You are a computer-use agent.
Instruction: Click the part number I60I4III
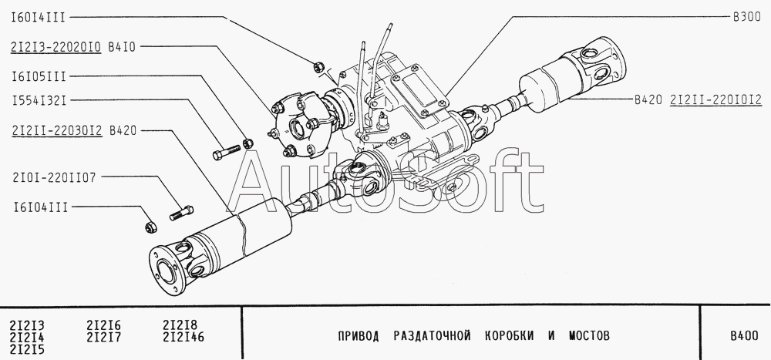coord(39,19)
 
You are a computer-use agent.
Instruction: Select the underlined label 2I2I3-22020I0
coord(56,47)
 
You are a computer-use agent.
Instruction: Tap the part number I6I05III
coord(39,77)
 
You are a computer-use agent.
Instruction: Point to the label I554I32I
coord(39,101)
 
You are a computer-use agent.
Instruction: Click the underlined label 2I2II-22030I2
coord(56,131)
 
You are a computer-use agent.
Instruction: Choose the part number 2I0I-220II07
coord(54,177)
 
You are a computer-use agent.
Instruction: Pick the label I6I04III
coord(40,207)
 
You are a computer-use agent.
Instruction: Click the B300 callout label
coord(747,17)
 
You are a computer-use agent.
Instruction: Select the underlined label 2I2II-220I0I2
coord(716,100)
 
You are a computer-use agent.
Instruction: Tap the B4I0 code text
coord(121,47)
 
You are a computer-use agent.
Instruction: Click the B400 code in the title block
coord(744,337)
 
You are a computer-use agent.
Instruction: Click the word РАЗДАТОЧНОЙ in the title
coord(432,336)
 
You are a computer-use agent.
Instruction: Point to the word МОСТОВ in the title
coord(589,336)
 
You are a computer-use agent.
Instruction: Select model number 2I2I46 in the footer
coord(183,338)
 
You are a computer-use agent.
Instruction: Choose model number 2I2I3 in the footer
coord(26,325)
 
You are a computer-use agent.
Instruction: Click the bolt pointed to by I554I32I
coord(227,152)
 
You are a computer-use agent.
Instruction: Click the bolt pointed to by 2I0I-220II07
coord(181,213)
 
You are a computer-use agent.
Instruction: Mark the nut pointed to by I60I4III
coord(318,66)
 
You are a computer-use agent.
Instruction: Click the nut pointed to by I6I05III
coord(248,143)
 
